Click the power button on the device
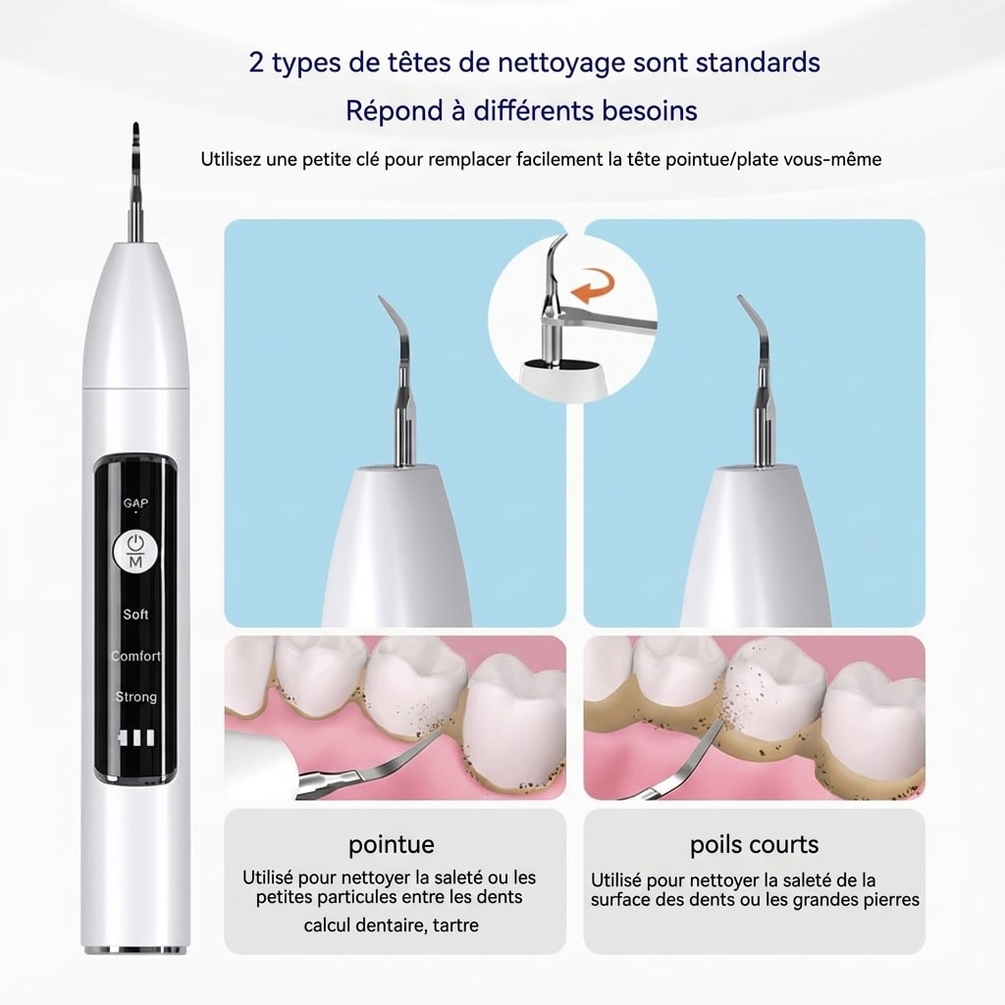[x=135, y=550]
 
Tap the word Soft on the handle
[x=135, y=614]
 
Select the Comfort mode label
[x=135, y=656]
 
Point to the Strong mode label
[x=135, y=697]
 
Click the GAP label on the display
[x=135, y=503]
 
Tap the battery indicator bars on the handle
[x=136, y=738]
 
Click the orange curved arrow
[x=593, y=286]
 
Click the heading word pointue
[x=391, y=845]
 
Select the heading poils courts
[x=755, y=845]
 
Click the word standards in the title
[x=758, y=63]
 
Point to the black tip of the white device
[x=135, y=137]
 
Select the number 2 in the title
[x=256, y=63]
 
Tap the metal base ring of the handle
[x=135, y=948]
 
